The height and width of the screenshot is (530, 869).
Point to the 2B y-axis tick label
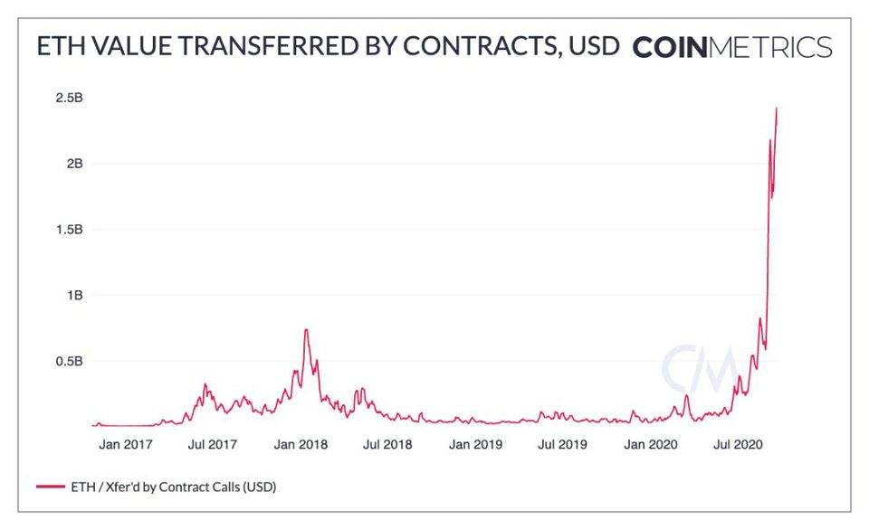point(74,164)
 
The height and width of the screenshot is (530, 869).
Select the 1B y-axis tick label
point(74,295)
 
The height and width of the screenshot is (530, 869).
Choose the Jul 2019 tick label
point(561,444)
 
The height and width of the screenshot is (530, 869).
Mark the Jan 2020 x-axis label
point(648,444)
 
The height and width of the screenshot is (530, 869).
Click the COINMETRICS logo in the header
point(731,47)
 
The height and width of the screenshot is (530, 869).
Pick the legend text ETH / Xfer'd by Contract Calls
point(172,487)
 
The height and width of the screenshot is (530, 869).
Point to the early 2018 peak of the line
point(307,329)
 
